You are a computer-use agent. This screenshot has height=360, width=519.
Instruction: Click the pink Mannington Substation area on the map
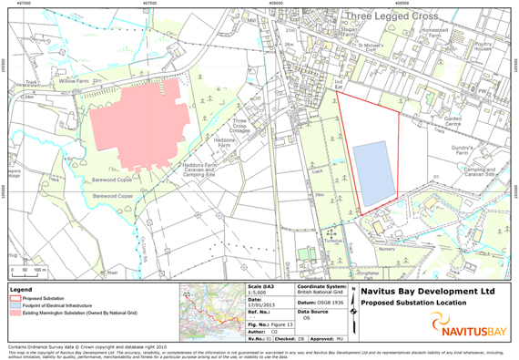141,122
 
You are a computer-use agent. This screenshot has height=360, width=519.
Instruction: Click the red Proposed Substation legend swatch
14,296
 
